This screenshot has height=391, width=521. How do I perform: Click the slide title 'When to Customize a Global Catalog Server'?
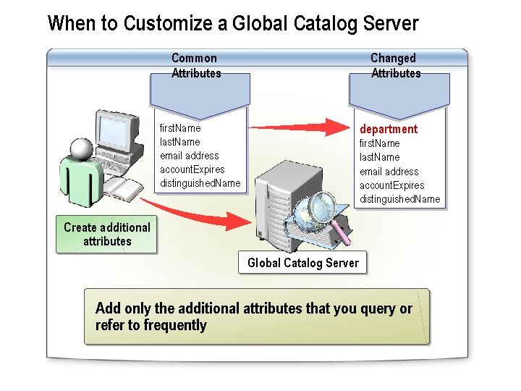tap(232, 23)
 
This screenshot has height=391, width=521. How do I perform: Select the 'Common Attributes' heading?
tap(195, 65)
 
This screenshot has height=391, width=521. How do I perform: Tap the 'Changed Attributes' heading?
tap(395, 65)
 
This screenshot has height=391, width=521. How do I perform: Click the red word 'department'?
tap(389, 129)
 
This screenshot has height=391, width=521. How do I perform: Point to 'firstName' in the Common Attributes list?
tap(180, 128)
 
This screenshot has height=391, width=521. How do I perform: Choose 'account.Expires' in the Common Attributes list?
tap(192, 169)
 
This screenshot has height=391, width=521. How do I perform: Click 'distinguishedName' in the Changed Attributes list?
tap(399, 199)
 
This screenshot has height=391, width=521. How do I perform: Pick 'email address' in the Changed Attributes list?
tap(389, 172)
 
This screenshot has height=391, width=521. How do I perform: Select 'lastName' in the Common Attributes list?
tap(179, 142)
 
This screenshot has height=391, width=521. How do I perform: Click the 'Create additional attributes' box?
tap(106, 234)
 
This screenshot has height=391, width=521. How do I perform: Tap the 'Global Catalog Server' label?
tap(302, 263)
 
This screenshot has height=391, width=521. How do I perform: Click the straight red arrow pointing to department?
tap(297, 127)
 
